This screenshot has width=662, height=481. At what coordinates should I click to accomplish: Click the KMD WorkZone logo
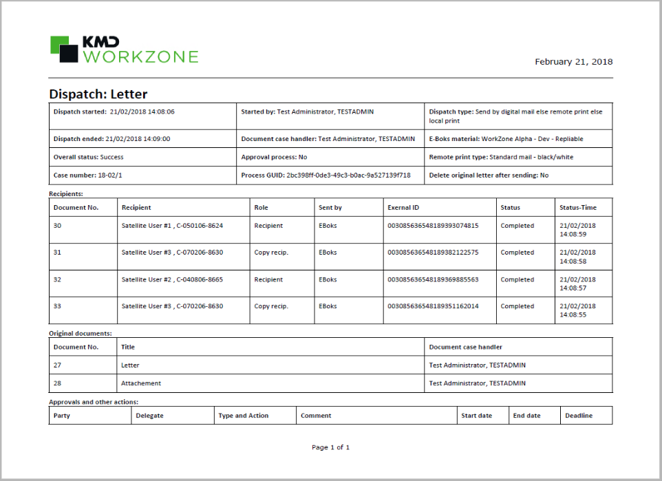tap(124, 50)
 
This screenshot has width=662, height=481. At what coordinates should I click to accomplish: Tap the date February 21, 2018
tap(573, 62)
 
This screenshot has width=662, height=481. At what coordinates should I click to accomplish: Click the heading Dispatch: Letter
tap(98, 94)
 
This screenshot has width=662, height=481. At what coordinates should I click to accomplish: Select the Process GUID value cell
tap(325, 175)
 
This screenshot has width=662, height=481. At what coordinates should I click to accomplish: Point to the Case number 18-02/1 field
tap(89, 175)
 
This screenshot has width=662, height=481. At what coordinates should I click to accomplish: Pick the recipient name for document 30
tap(172, 226)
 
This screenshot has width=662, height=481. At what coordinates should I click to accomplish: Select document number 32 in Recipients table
tap(58, 280)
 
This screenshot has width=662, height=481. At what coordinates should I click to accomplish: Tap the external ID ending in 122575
tap(433, 253)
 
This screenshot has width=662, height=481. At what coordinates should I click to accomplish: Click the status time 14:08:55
tap(577, 314)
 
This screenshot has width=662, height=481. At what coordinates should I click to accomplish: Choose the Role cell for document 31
tap(271, 253)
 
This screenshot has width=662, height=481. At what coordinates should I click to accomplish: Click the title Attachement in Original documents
tap(141, 383)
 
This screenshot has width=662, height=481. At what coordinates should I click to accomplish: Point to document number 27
tap(57, 365)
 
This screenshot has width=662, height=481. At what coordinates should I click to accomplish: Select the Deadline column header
tap(578, 416)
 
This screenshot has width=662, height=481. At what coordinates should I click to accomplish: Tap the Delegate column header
tap(149, 416)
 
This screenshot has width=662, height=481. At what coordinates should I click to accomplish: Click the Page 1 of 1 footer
tap(330, 447)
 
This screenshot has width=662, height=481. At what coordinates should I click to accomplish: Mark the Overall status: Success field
tap(89, 157)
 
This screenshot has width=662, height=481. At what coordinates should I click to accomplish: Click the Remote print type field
tap(500, 157)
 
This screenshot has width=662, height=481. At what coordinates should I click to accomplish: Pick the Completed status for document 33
tap(517, 306)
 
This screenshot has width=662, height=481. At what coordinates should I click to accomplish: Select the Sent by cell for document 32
tap(328, 280)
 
